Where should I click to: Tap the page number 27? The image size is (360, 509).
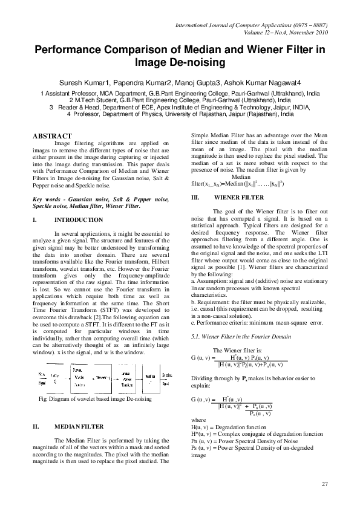click(x=325, y=484)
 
